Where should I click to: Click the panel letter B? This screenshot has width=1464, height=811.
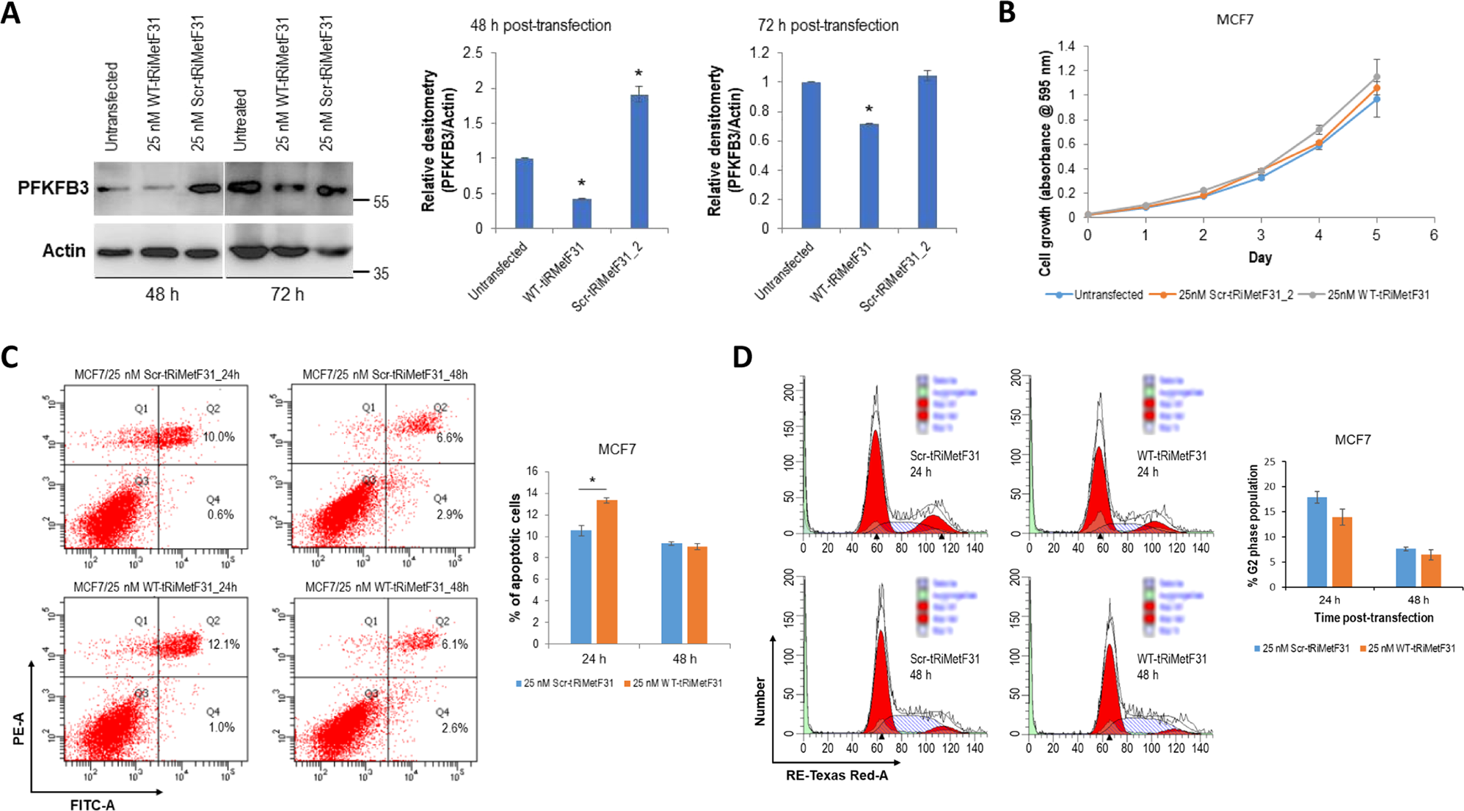[1007, 12]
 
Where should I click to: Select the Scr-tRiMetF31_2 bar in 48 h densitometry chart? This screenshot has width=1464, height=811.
[639, 161]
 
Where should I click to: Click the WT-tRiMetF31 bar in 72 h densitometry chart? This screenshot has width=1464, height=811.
[869, 176]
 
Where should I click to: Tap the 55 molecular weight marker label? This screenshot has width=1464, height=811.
[381, 202]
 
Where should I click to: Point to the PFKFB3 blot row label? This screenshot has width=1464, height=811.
[53, 188]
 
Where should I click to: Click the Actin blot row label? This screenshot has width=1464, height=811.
[64, 251]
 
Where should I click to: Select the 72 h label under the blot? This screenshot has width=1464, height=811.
[287, 294]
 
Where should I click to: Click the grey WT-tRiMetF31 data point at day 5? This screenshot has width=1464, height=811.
[1377, 77]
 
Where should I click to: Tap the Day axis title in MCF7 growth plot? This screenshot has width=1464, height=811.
[1260, 258]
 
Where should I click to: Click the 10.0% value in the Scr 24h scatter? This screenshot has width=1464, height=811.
[219, 437]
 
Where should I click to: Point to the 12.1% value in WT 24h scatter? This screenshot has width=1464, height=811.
[224, 644]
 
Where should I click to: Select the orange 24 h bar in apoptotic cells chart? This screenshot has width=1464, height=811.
[607, 572]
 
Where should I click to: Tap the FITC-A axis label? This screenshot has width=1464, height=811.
[92, 805]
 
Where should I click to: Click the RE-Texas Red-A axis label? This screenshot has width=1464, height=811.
[837, 775]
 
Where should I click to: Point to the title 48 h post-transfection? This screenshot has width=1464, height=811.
[541, 26]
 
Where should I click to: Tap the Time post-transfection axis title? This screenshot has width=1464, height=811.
[1373, 617]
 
